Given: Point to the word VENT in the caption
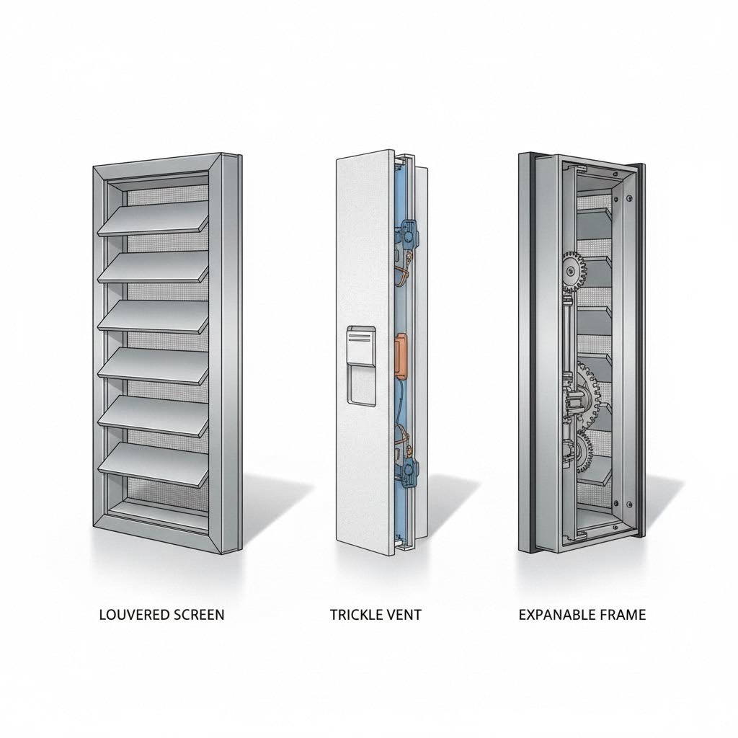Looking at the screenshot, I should pyautogui.click(x=404, y=615).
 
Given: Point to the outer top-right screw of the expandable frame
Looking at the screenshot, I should pyautogui.click(x=629, y=197).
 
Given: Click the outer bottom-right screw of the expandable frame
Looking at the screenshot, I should pyautogui.click(x=629, y=504).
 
